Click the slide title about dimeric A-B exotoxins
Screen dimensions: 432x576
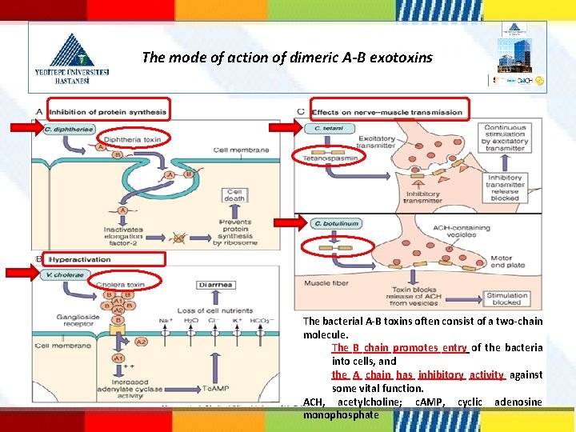286,58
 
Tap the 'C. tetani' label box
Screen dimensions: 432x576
329,129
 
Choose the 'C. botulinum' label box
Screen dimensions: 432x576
336,224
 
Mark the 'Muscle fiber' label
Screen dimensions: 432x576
325,282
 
